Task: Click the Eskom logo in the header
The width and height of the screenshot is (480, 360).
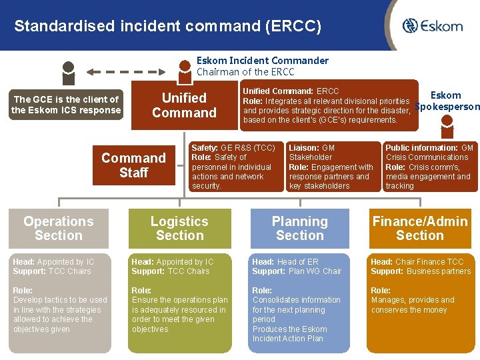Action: (432, 26)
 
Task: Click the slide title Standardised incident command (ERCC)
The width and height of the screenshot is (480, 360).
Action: (167, 27)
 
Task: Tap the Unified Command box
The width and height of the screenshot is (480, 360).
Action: (184, 105)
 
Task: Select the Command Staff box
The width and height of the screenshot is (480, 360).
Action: (133, 165)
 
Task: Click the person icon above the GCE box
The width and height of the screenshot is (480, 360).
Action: (67, 70)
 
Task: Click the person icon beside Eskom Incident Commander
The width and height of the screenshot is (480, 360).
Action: (184, 68)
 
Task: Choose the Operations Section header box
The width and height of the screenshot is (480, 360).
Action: (59, 229)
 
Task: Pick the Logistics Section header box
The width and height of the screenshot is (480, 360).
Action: (179, 229)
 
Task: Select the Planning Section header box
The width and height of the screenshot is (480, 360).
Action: (300, 229)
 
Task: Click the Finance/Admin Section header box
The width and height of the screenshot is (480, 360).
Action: (420, 229)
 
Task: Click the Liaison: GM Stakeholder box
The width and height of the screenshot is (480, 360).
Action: (331, 167)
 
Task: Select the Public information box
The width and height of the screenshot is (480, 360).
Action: (430, 167)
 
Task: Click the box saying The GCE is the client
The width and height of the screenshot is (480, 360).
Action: (66, 105)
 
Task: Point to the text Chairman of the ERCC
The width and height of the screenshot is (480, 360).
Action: (245, 72)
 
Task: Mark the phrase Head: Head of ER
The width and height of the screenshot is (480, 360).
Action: (285, 262)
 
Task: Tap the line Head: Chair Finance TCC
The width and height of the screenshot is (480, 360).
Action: (417, 262)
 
